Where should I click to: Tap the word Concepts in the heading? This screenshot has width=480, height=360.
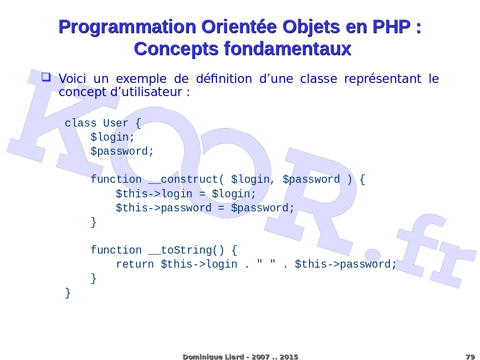(176, 49)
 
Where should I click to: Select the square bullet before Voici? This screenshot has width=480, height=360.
(46, 77)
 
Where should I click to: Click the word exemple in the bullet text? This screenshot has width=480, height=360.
(141, 79)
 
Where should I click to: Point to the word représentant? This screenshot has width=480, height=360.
(382, 79)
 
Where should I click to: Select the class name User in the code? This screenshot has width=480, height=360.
(115, 123)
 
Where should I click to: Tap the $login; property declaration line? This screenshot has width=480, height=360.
(112, 137)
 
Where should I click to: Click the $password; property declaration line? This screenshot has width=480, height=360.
(122, 151)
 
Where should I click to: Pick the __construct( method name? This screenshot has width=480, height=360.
(187, 180)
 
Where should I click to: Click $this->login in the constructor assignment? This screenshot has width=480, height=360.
(154, 194)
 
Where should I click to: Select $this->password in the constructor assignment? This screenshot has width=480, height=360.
(164, 208)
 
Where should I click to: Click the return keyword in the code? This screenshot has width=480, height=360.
(135, 264)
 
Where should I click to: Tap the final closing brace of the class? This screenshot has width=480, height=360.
(68, 292)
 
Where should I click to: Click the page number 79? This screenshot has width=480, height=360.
(470, 357)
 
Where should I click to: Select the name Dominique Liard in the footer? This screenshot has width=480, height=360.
(213, 357)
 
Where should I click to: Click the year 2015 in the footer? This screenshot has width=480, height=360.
(289, 357)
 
